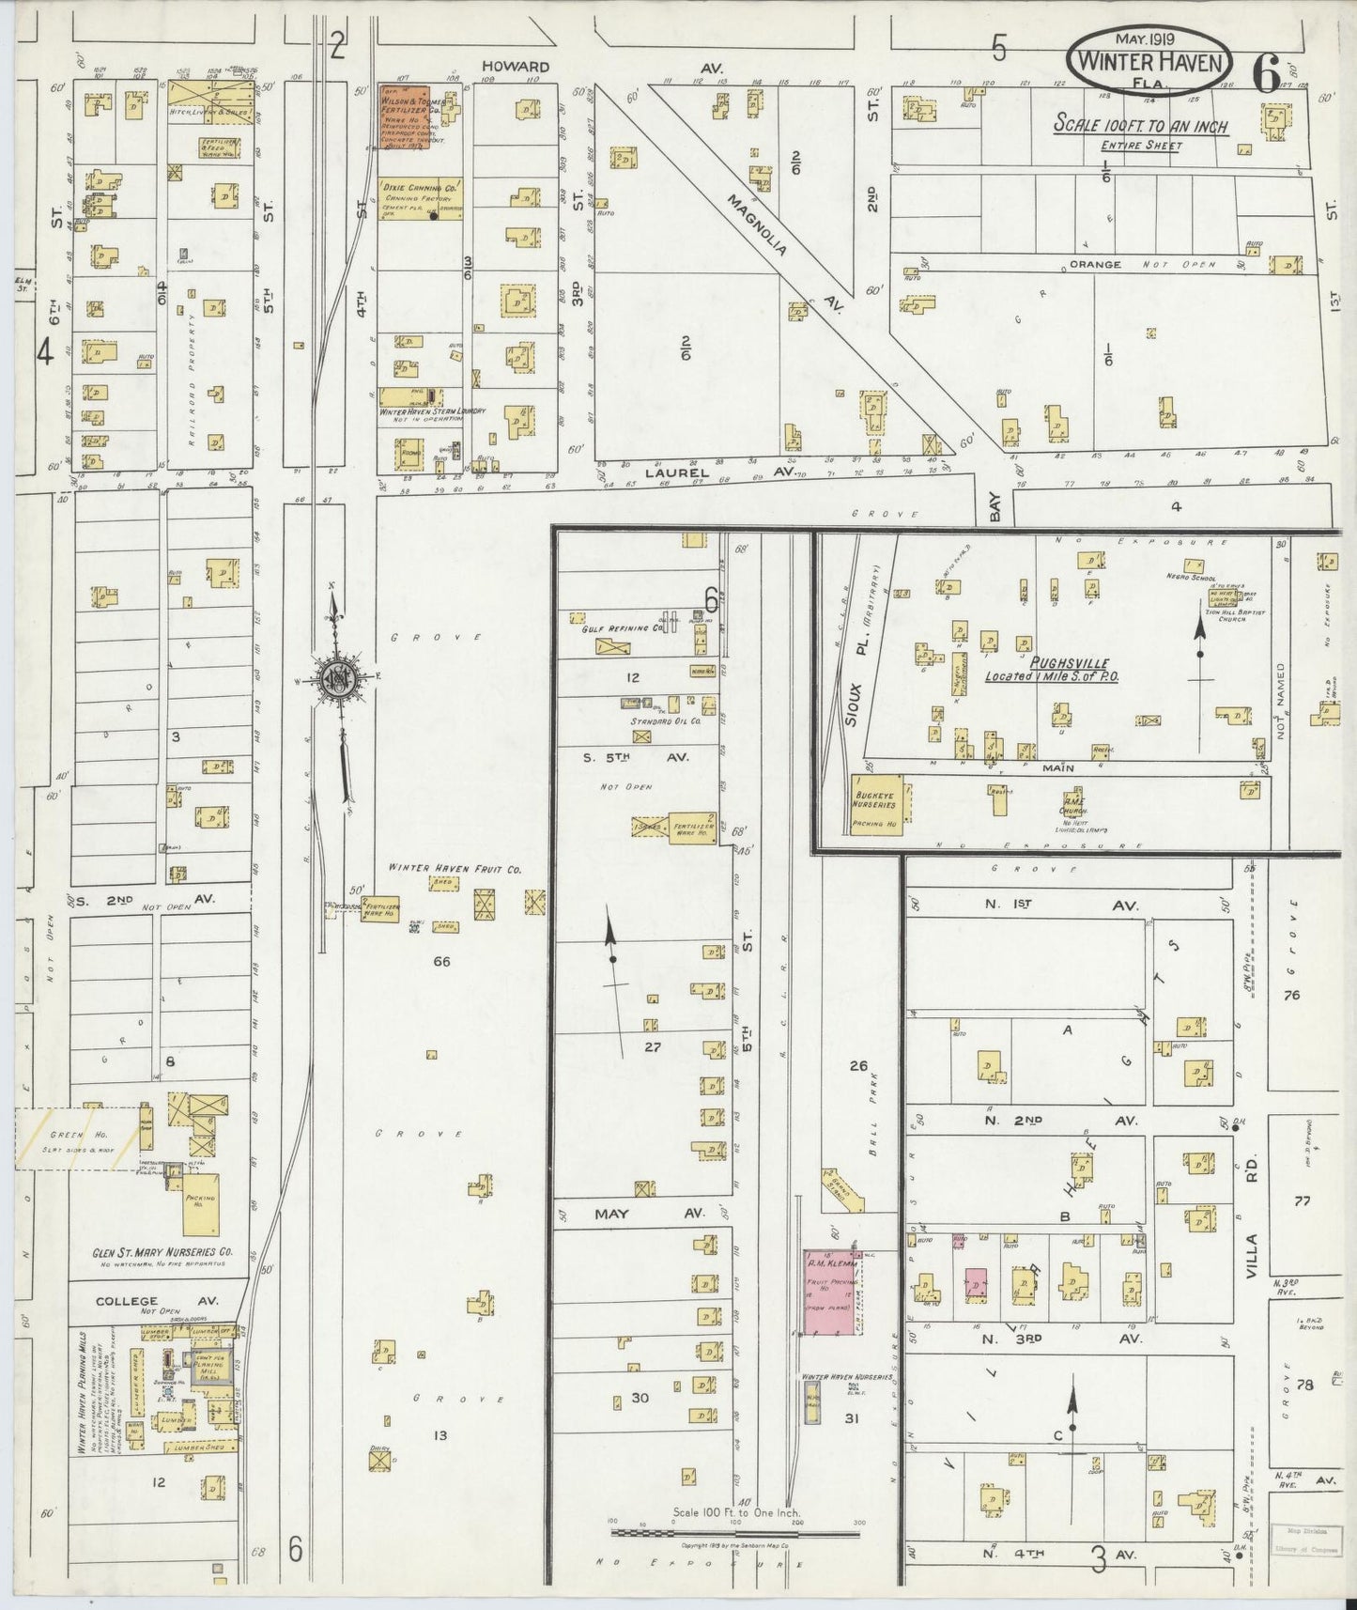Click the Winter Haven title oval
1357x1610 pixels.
tap(1148, 61)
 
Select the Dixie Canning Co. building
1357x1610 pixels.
tap(420, 199)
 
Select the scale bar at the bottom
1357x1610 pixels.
tap(734, 1532)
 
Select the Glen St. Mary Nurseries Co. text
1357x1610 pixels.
tap(162, 1253)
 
